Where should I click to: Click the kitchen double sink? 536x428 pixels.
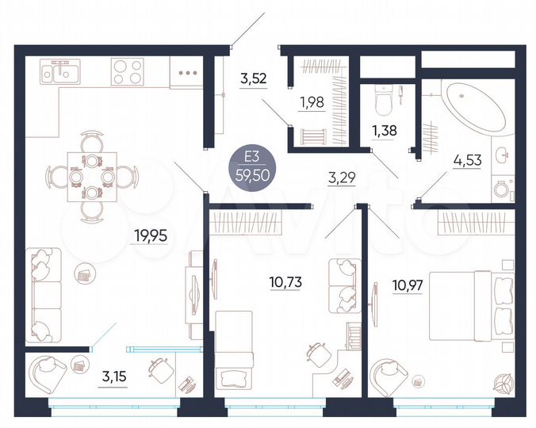coord(59,74)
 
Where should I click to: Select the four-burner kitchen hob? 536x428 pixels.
coord(126,72)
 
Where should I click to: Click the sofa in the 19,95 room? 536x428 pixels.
coord(44,289)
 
